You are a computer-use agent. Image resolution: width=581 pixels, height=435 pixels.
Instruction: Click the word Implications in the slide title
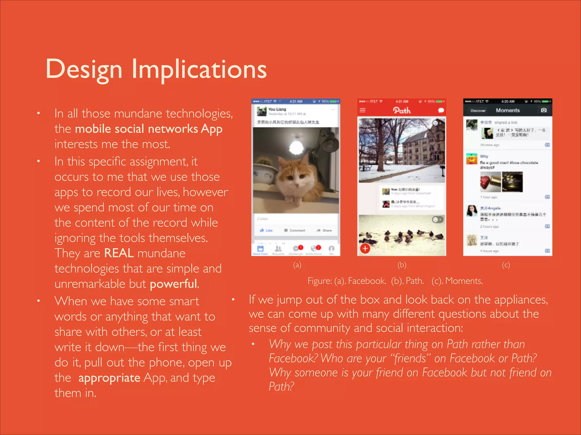click(199, 69)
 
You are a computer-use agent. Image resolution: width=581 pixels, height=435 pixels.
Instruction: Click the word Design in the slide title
click(84, 69)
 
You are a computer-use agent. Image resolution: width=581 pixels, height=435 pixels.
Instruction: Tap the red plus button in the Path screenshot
click(365, 249)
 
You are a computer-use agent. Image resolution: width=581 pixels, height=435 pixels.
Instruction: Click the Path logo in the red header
click(402, 110)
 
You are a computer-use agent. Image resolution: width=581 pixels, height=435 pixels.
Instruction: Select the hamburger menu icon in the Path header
click(363, 110)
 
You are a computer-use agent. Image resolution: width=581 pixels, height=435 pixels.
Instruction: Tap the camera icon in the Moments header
click(544, 110)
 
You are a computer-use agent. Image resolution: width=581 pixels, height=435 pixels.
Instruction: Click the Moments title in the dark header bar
click(508, 110)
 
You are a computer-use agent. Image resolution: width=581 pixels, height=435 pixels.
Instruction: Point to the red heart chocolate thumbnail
click(490, 182)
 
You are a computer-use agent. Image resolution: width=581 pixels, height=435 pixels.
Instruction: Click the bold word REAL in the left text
click(119, 253)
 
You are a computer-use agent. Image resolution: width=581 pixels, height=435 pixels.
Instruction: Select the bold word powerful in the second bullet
click(173, 284)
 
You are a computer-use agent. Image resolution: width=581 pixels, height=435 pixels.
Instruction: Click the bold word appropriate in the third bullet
click(109, 378)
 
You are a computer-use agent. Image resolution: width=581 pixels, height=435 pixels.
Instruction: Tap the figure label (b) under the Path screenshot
click(402, 265)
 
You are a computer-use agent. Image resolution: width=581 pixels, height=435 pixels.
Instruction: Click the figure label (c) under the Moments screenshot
click(506, 265)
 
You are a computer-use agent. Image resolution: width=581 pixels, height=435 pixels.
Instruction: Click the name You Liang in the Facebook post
click(277, 109)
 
